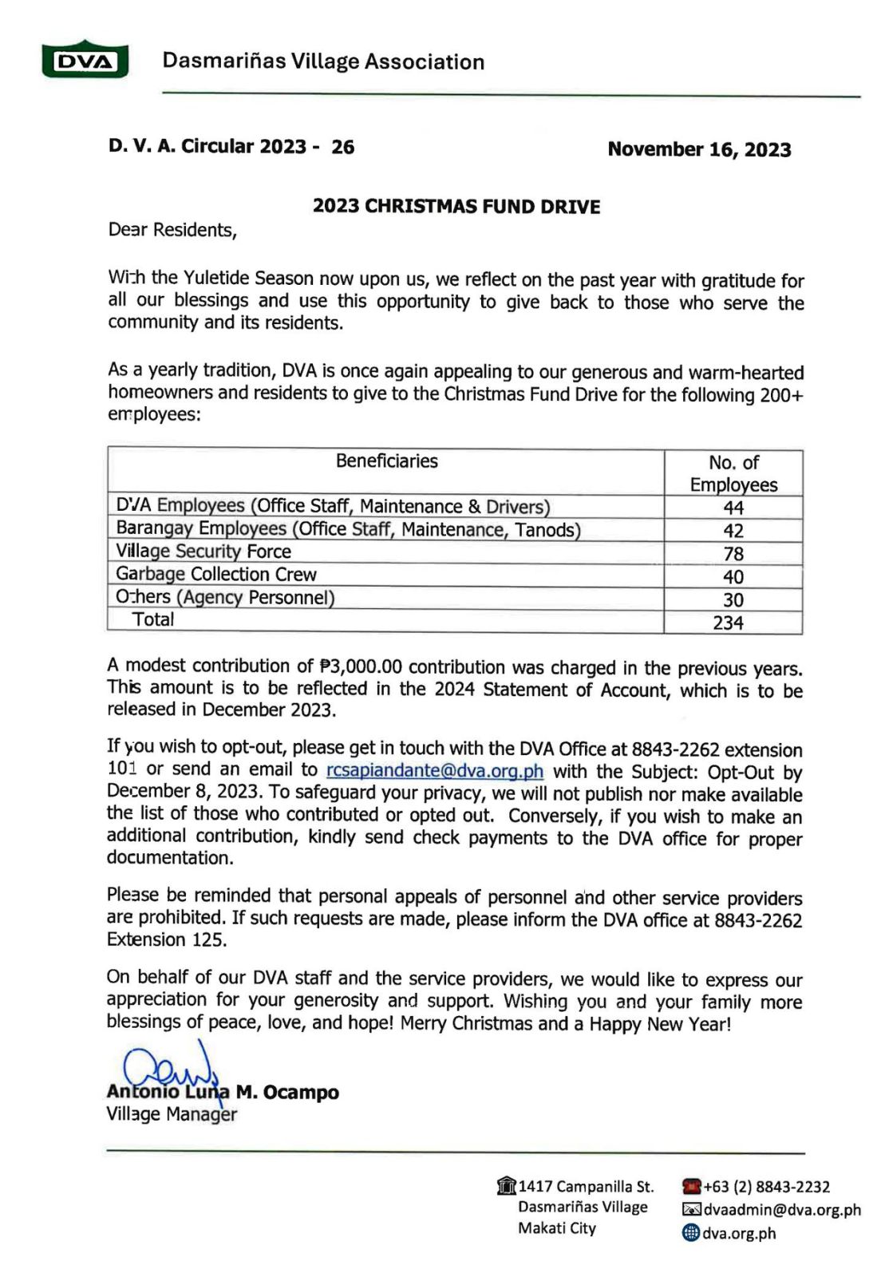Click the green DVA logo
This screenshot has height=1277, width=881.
point(85,61)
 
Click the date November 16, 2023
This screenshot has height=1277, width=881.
point(699,149)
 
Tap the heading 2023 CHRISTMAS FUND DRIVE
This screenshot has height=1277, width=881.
point(456,206)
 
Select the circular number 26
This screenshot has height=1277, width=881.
point(342,147)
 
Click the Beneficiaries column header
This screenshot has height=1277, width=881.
point(386,461)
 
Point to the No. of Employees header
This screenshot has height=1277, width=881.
point(733,473)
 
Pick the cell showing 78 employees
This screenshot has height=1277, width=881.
point(733,553)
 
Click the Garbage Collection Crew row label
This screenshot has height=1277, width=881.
point(216,574)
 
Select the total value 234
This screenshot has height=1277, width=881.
point(728,623)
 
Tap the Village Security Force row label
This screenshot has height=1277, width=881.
point(203,551)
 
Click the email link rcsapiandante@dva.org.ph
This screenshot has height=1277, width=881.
point(435,771)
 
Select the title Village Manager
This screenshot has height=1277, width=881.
point(172,1114)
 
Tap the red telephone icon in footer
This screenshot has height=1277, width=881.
point(691,1187)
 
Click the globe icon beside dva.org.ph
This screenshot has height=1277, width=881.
point(691,1233)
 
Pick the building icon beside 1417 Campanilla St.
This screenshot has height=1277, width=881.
point(506,1186)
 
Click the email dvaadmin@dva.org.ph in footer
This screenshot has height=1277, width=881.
point(782,1210)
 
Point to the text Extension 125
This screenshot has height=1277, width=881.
point(167,939)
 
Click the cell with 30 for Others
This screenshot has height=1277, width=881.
point(733,599)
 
